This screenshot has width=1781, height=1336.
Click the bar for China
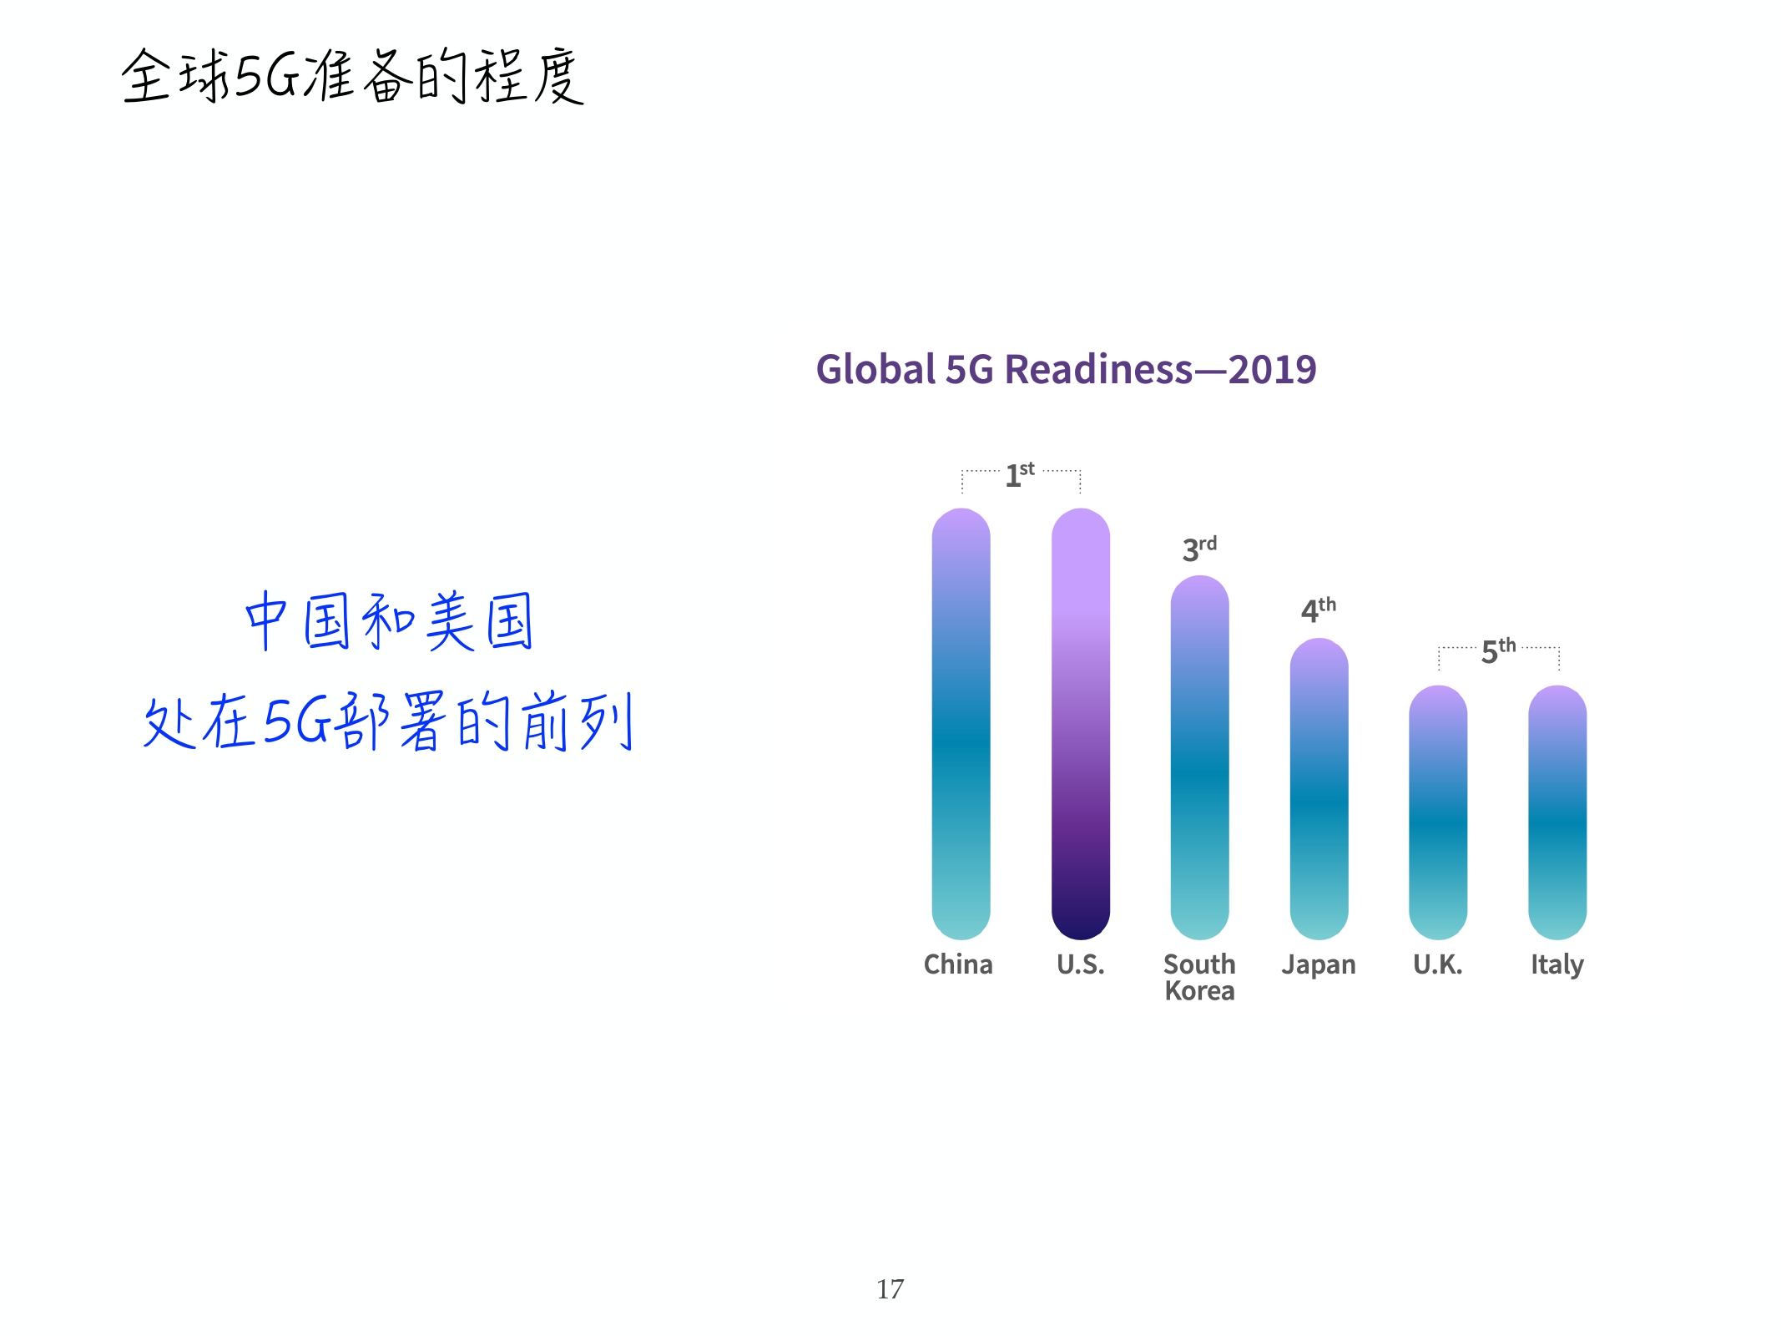pos(961,723)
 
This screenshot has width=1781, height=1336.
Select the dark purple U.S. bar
pos(1080,723)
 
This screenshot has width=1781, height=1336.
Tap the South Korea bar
pos(1199,757)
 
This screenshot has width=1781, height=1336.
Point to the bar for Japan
pos(1319,788)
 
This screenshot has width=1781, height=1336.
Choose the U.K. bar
pos(1437,812)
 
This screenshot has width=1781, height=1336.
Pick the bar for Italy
pos(1556,812)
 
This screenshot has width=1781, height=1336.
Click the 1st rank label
pos(1019,474)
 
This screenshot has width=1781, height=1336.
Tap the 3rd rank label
pos(1199,549)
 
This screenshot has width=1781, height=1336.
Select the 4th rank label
pos(1318,610)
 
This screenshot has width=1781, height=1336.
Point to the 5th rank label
pos(1498,650)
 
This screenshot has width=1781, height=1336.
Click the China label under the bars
pos(958,964)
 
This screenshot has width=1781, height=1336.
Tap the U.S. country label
pos(1080,964)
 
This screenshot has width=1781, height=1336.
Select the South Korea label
pos(1199,977)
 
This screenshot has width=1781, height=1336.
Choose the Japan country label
pos(1319,965)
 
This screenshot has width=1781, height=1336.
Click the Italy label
pos(1556,965)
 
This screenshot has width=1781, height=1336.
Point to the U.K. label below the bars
pos(1437,964)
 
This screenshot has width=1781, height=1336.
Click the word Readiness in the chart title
pos(1098,369)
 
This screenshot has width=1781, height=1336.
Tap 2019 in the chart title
pos(1272,369)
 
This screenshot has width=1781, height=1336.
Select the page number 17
pos(890,1289)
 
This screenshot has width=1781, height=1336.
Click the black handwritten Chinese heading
pos(352,76)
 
